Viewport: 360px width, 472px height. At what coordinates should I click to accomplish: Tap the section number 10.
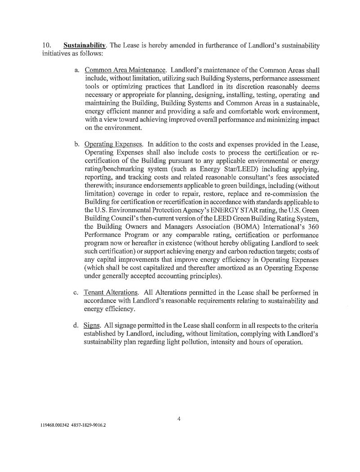coord(47,45)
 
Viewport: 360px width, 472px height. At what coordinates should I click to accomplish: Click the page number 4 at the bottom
coord(179,419)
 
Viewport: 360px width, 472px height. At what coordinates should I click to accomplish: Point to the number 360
coord(313,235)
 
